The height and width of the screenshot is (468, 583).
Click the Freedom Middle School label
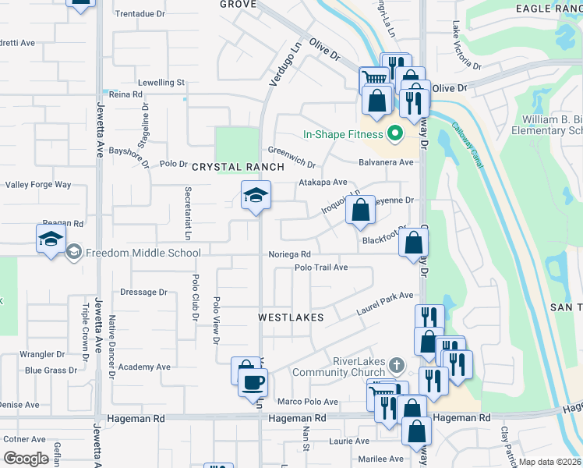click(x=143, y=253)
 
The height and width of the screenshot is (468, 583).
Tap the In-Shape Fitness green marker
click(x=394, y=134)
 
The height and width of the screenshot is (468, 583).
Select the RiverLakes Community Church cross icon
click(x=396, y=364)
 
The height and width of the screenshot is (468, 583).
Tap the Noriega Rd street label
click(x=289, y=254)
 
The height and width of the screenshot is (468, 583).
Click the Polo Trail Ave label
click(x=320, y=268)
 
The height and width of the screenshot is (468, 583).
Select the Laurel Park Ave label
click(x=384, y=301)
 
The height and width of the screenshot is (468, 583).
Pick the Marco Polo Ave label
click(x=308, y=402)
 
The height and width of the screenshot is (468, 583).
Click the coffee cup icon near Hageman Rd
click(x=252, y=382)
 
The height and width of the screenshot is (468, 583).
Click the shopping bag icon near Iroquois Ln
click(x=360, y=210)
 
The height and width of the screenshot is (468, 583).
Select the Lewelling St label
click(x=161, y=82)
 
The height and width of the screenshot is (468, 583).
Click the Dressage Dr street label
click(x=143, y=292)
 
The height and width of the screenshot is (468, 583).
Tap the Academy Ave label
click(x=145, y=367)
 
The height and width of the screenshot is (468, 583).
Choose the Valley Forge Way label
click(x=38, y=185)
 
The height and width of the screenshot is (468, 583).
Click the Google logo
click(x=26, y=459)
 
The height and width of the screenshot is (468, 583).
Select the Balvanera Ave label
click(x=386, y=162)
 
